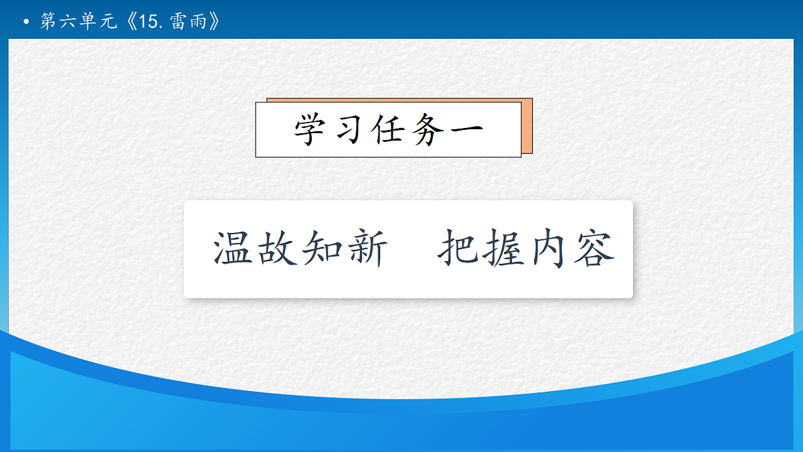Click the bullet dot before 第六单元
(26, 23)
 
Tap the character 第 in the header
(48, 22)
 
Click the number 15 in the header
(147, 22)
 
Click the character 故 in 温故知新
(277, 249)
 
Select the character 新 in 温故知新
(365, 249)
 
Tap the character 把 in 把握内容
(459, 249)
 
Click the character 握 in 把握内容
(503, 249)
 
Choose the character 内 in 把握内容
(548, 249)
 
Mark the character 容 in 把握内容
(593, 249)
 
